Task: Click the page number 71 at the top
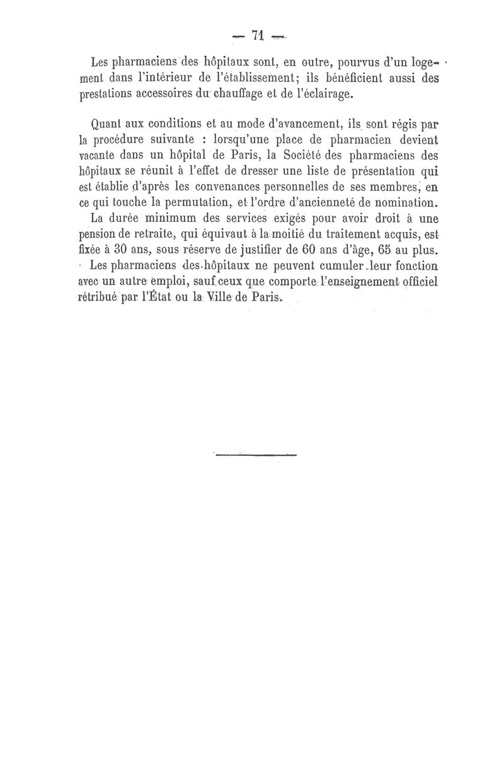[257, 36]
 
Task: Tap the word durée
[127, 219]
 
